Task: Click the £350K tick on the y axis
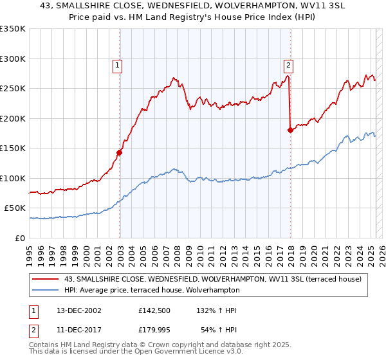pos(13,29)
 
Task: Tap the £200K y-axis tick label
pos(13,118)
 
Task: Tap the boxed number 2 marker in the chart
pos(288,64)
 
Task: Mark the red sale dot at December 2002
pos(120,152)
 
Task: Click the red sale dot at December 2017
pos(290,130)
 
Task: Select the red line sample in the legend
pos(46,279)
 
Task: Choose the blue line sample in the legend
pos(46,290)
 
